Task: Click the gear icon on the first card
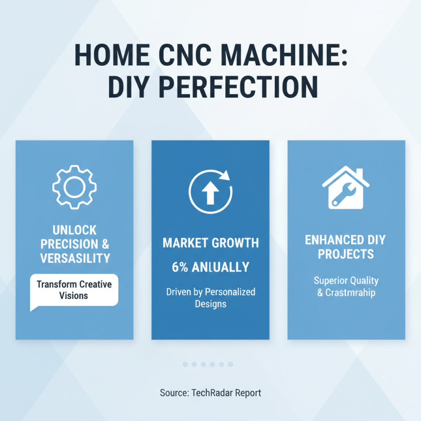(74, 187)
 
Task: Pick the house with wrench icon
(345, 187)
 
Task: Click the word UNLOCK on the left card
(74, 230)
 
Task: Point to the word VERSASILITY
(74, 258)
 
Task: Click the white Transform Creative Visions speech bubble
(74, 289)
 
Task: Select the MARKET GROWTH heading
(210, 243)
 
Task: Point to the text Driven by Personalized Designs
(210, 298)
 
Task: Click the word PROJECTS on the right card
(346, 254)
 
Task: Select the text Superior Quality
(346, 280)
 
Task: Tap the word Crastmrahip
(350, 293)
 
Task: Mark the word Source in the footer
(173, 393)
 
